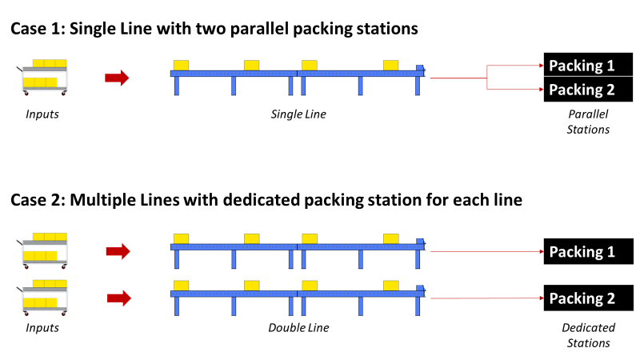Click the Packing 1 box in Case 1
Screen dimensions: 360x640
click(588, 66)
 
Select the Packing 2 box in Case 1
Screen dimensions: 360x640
click(588, 89)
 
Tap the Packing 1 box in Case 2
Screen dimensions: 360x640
click(588, 252)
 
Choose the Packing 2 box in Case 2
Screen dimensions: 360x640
click(588, 298)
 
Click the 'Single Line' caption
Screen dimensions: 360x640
click(298, 114)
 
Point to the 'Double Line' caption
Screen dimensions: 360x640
click(298, 328)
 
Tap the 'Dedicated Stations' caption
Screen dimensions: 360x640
click(588, 335)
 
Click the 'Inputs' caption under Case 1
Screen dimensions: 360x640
click(42, 114)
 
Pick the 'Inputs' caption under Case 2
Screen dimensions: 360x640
click(42, 328)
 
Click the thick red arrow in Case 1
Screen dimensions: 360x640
click(117, 78)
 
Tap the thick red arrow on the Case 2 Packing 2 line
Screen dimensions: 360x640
click(118, 298)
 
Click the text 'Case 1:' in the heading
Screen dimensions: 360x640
click(38, 30)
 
